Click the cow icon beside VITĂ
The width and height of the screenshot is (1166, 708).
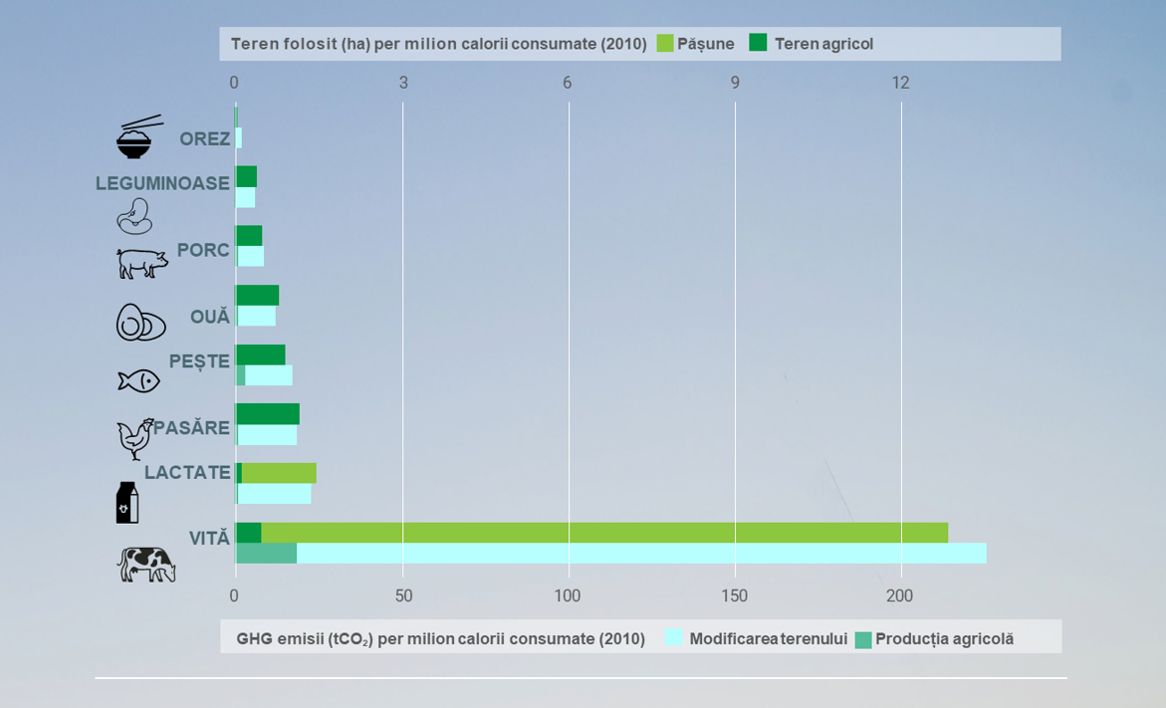[x=146, y=565]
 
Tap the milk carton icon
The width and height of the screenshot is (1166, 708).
[x=127, y=503]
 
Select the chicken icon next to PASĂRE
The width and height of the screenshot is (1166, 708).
[x=135, y=438]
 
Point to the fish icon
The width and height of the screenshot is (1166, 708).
[x=138, y=380]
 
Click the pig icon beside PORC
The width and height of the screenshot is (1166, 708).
[x=142, y=263]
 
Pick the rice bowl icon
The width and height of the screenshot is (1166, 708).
[x=135, y=138]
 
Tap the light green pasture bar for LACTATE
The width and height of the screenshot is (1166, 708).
[x=279, y=473]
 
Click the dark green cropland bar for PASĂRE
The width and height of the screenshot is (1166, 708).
[x=268, y=414]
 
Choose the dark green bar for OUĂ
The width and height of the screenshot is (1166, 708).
[x=257, y=296]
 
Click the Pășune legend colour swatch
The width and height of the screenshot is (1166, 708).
[x=665, y=43]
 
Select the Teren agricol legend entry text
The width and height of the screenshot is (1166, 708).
[x=823, y=44]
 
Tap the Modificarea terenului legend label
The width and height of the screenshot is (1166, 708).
[x=768, y=639]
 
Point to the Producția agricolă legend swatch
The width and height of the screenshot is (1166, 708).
[x=863, y=639]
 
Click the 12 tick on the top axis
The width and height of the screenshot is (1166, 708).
[x=900, y=84]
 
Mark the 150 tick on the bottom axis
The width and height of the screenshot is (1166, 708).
[x=734, y=596]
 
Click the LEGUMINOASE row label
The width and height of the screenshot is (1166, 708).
[x=162, y=183]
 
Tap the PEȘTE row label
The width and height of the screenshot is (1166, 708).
[x=199, y=361]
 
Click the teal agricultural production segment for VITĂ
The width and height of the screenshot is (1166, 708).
[x=266, y=554]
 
